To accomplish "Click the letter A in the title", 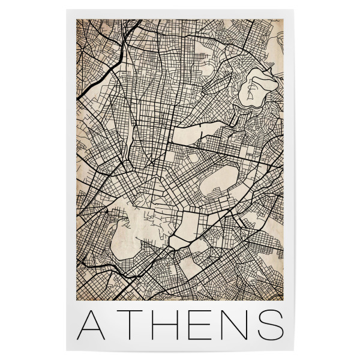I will pyautogui.click(x=94, y=324).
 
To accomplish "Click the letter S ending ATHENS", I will pyautogui.click(x=269, y=324).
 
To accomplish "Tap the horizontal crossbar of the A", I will pyautogui.click(x=94, y=329).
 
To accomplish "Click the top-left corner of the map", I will pyautogui.click(x=76, y=19).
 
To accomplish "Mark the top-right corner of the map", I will pyautogui.click(x=283, y=19).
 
